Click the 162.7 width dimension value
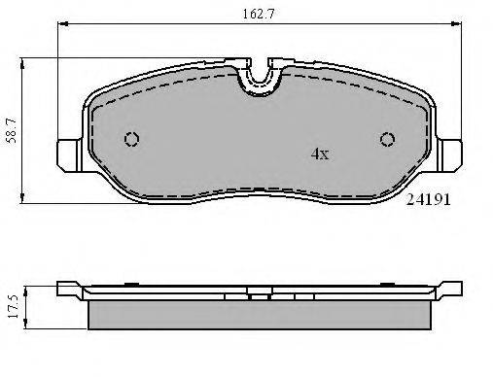click(x=259, y=15)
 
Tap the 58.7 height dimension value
click(x=12, y=130)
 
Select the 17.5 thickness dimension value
click(x=14, y=307)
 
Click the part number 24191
click(x=428, y=200)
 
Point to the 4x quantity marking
click(x=320, y=154)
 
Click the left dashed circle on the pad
click(x=131, y=139)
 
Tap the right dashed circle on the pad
click(x=387, y=139)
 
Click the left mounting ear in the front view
click(x=70, y=155)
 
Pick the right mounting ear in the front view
click(x=449, y=155)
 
